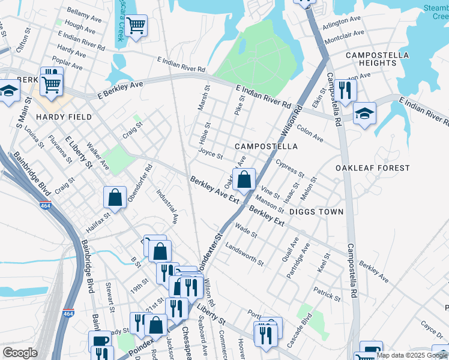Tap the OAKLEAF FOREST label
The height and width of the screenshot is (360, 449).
(372, 168)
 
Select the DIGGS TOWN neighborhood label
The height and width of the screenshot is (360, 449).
(316, 212)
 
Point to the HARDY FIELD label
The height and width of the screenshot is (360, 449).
(63, 117)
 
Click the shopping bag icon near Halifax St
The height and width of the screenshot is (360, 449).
(115, 197)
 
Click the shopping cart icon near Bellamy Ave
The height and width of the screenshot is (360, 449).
(136, 26)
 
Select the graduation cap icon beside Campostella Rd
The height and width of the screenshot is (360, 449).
(364, 113)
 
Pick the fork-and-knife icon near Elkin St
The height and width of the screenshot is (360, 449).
(345, 90)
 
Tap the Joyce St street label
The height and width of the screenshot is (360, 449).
(211, 155)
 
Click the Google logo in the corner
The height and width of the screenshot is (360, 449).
(20, 352)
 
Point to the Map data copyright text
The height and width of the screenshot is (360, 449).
(412, 355)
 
